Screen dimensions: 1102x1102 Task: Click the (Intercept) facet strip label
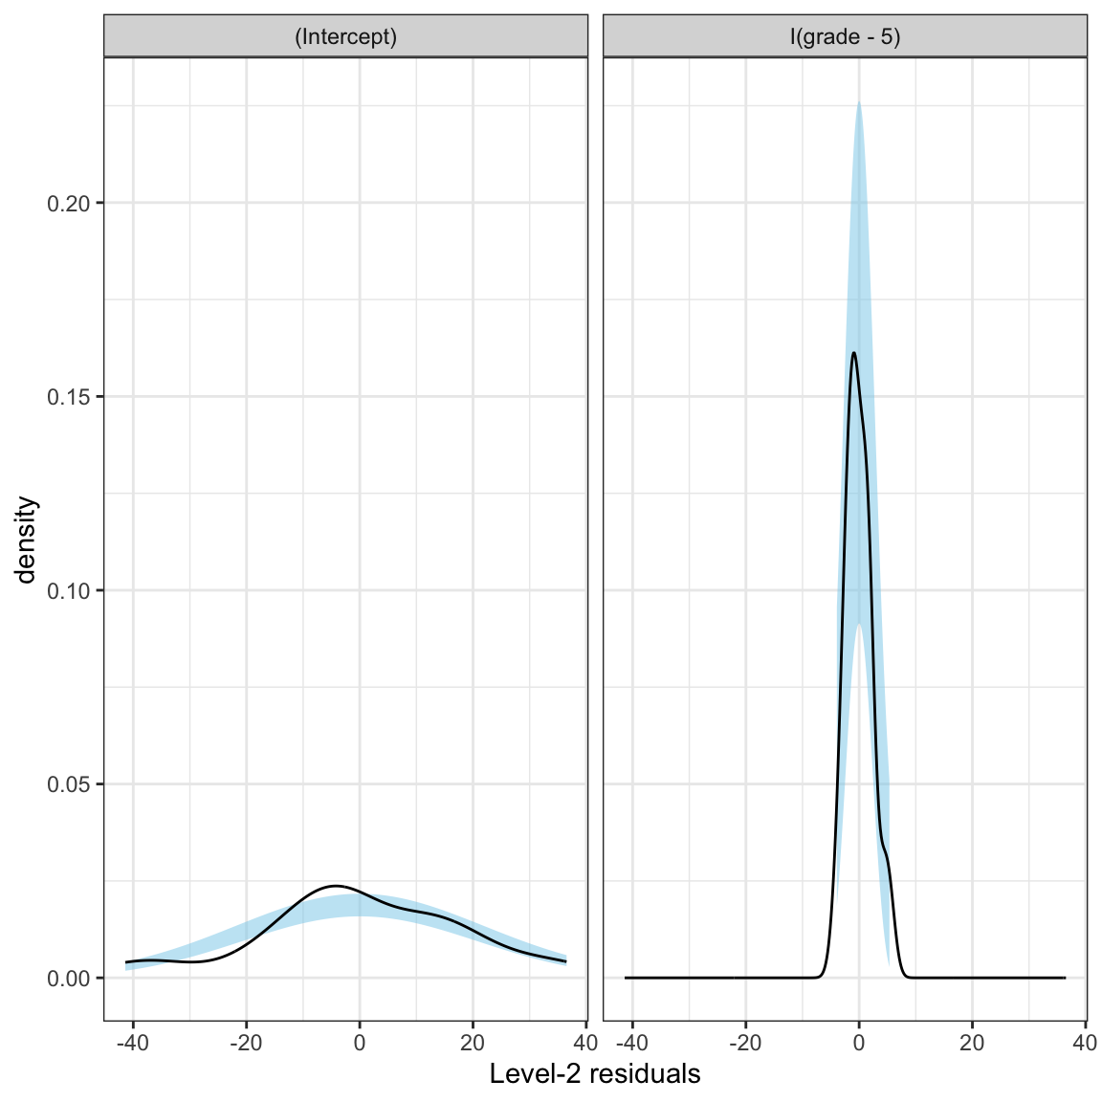[345, 37]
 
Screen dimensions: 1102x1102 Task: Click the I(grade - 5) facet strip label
[845, 37]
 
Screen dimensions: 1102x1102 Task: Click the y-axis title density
[28, 540]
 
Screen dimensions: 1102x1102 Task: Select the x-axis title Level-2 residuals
[595, 1074]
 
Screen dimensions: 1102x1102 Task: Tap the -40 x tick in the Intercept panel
[133, 1042]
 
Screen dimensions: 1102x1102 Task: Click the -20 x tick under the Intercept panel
[246, 1042]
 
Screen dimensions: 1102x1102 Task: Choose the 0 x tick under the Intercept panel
[360, 1042]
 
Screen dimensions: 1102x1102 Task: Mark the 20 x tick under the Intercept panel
[473, 1042]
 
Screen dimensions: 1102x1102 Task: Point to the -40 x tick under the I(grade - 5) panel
[632, 1042]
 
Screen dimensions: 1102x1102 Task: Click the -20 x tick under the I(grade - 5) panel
[745, 1042]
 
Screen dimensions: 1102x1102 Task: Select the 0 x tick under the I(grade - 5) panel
[859, 1042]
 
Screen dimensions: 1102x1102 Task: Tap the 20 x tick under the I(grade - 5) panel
[972, 1042]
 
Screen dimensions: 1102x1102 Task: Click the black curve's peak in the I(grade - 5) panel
[853, 353]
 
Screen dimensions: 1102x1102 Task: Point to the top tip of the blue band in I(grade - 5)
[859, 101]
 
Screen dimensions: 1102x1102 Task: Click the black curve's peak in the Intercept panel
[336, 886]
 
